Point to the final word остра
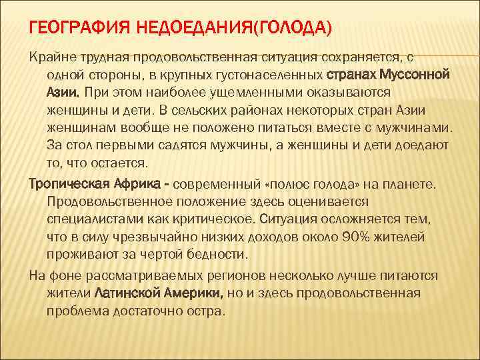pos(208,310)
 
